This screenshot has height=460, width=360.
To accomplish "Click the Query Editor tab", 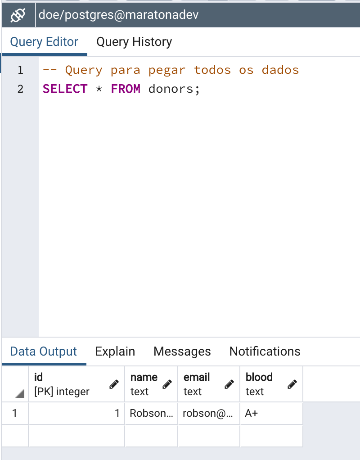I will tap(44, 42).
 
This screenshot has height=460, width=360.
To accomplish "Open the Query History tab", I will tap(134, 42).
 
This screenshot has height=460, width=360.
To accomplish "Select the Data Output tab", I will tap(44, 352).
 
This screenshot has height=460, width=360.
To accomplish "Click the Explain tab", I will tap(115, 352).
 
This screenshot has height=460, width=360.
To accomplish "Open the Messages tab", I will tap(182, 352).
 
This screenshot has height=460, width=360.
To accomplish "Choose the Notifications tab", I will tap(265, 352).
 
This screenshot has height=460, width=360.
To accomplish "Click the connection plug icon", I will tap(18, 15).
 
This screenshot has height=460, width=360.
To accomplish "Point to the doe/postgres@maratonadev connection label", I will tap(119, 15).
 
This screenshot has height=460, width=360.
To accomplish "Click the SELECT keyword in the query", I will tap(65, 89).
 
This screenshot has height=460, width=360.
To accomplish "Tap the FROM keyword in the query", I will tap(126, 89).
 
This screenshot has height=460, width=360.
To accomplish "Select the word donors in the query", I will tap(171, 89).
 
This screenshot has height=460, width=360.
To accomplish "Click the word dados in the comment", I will tap(280, 70).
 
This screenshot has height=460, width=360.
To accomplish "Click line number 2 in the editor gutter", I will tap(20, 89).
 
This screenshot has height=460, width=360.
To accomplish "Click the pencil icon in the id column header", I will tap(114, 384).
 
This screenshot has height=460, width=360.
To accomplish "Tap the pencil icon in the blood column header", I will tap(292, 384).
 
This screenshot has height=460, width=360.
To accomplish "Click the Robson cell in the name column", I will tap(151, 413).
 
